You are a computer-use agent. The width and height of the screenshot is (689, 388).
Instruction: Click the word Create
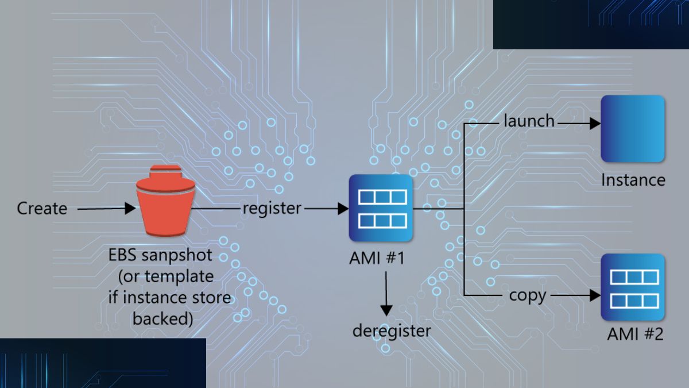pos(42,208)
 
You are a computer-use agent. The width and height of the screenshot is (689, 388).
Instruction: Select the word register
pos(272,208)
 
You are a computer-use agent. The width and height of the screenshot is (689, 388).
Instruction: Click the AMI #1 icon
pos(381,208)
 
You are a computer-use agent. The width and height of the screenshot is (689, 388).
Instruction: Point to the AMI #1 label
pos(377,258)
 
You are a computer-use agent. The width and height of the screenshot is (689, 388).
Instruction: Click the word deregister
pos(391,331)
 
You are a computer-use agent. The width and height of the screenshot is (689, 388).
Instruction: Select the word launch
pos(529,121)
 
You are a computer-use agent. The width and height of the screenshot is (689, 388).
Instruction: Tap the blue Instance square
pos(633,129)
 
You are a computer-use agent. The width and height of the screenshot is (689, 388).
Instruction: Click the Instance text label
pos(633,180)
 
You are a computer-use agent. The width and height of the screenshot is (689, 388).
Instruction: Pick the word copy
pos(527,295)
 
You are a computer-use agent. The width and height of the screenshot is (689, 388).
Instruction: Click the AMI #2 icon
pos(633,287)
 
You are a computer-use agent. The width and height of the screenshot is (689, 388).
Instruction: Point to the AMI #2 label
pos(635,334)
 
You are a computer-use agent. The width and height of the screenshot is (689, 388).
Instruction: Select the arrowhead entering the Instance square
pos(595,122)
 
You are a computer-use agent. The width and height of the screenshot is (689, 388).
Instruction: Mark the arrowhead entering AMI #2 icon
pos(595,296)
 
